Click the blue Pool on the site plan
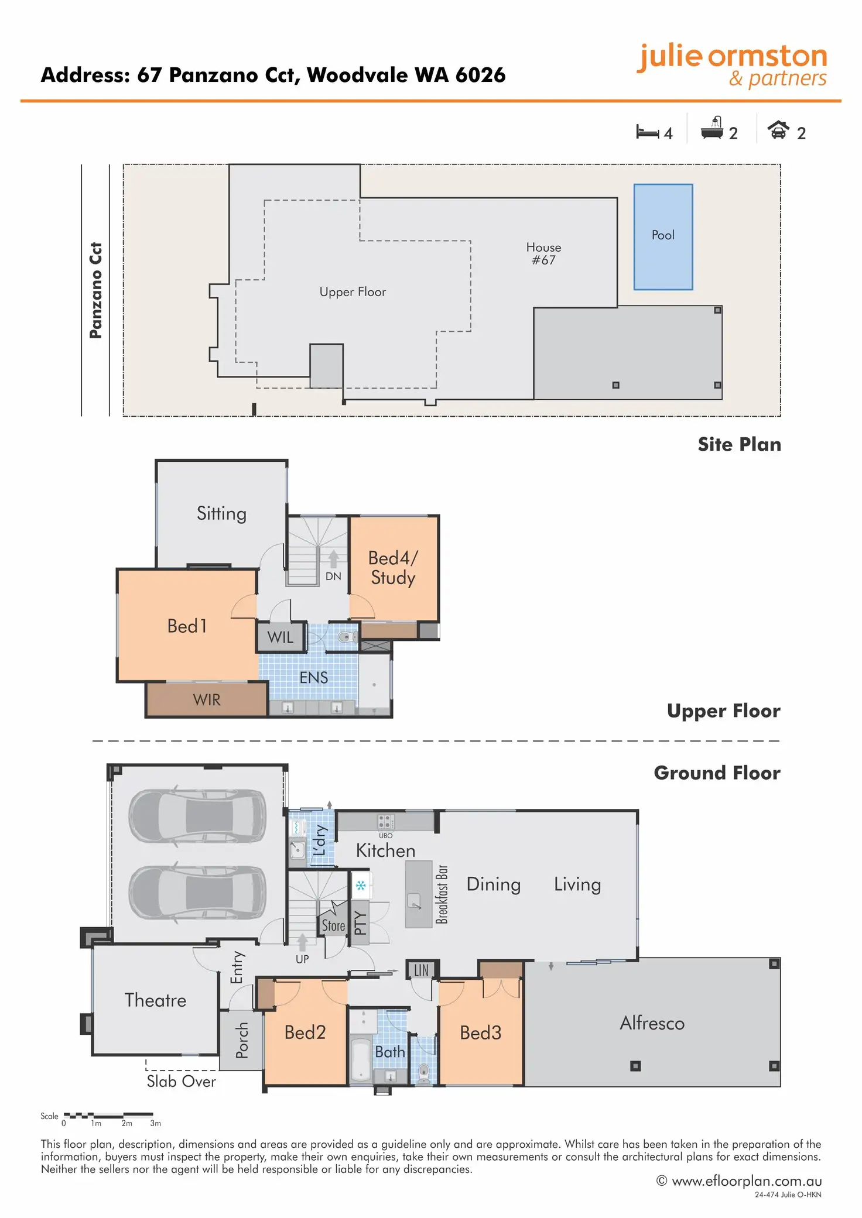(663, 237)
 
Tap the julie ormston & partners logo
(732, 66)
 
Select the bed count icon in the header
(647, 132)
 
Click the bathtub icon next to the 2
(712, 128)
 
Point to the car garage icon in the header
(778, 129)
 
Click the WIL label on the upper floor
(281, 637)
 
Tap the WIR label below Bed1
(207, 699)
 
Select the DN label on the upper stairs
(333, 576)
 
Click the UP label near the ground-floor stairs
(302, 959)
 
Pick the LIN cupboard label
(422, 970)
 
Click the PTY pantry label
(360, 923)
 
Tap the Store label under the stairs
(333, 926)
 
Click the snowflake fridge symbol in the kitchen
(361, 886)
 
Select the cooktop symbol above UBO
(385, 821)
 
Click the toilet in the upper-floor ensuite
(348, 637)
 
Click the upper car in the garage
(197, 816)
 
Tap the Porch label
(241, 1041)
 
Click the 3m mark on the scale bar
(155, 1123)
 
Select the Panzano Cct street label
(95, 290)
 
